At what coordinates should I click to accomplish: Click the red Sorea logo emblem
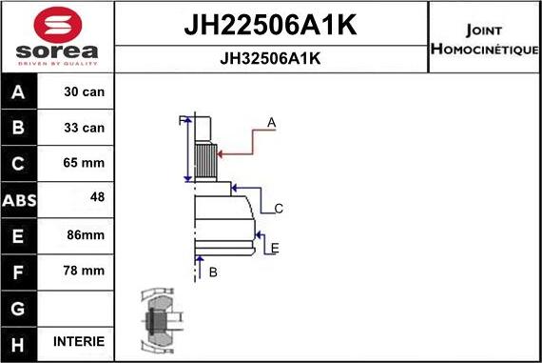tap(58, 25)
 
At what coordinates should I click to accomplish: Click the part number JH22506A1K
tap(271, 25)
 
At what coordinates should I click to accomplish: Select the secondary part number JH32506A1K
tap(270, 58)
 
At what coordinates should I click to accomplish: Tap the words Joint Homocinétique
tap(484, 40)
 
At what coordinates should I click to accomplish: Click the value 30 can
tap(84, 91)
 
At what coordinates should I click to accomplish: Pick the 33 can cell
tap(84, 128)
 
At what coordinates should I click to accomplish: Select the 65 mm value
tap(84, 163)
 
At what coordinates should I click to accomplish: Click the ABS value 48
tap(97, 197)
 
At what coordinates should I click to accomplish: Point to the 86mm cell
tap(86, 234)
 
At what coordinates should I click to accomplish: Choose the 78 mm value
tap(84, 271)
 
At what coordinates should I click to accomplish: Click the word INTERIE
tap(79, 341)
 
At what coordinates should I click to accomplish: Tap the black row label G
tap(18, 309)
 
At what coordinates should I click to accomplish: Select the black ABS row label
tap(19, 200)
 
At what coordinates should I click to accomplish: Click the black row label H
tap(18, 345)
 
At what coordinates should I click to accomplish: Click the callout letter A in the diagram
tap(271, 123)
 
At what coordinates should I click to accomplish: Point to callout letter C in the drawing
tap(279, 209)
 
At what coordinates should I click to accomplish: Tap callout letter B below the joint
tap(213, 272)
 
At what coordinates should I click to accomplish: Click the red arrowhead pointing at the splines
tap(220, 153)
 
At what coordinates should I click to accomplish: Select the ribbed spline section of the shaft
tap(205, 161)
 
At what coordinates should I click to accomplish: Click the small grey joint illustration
tap(161, 320)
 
